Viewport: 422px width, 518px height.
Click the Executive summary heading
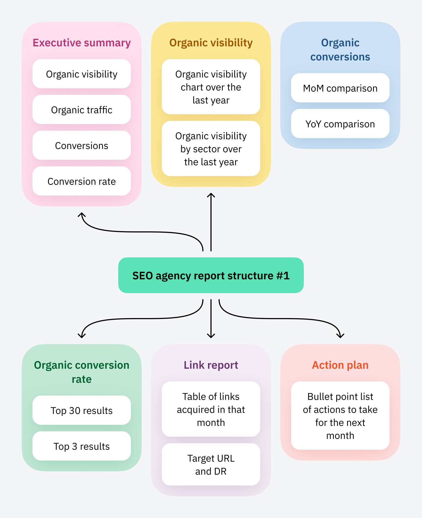point(81,43)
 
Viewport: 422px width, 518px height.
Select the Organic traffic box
point(81,110)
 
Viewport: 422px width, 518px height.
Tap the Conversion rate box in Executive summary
point(81,181)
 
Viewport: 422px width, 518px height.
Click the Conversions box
point(81,145)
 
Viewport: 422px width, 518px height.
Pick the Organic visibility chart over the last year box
point(211,87)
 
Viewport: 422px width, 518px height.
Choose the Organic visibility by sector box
point(211,149)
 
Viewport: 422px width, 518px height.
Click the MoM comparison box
point(340,88)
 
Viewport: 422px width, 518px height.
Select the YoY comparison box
point(340,124)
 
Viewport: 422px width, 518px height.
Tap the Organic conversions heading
point(340,50)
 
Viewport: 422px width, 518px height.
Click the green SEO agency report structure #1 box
point(211,275)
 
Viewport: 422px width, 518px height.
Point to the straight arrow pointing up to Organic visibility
point(211,222)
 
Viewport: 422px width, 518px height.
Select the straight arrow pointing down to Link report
point(211,318)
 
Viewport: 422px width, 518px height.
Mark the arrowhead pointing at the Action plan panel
point(340,335)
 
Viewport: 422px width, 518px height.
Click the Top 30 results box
point(81,410)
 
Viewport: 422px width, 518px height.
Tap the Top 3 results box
point(81,446)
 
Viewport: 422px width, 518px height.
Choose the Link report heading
point(211,365)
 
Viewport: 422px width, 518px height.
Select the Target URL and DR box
point(211,464)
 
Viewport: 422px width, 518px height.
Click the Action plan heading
point(340,365)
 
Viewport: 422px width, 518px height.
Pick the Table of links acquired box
point(211,409)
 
